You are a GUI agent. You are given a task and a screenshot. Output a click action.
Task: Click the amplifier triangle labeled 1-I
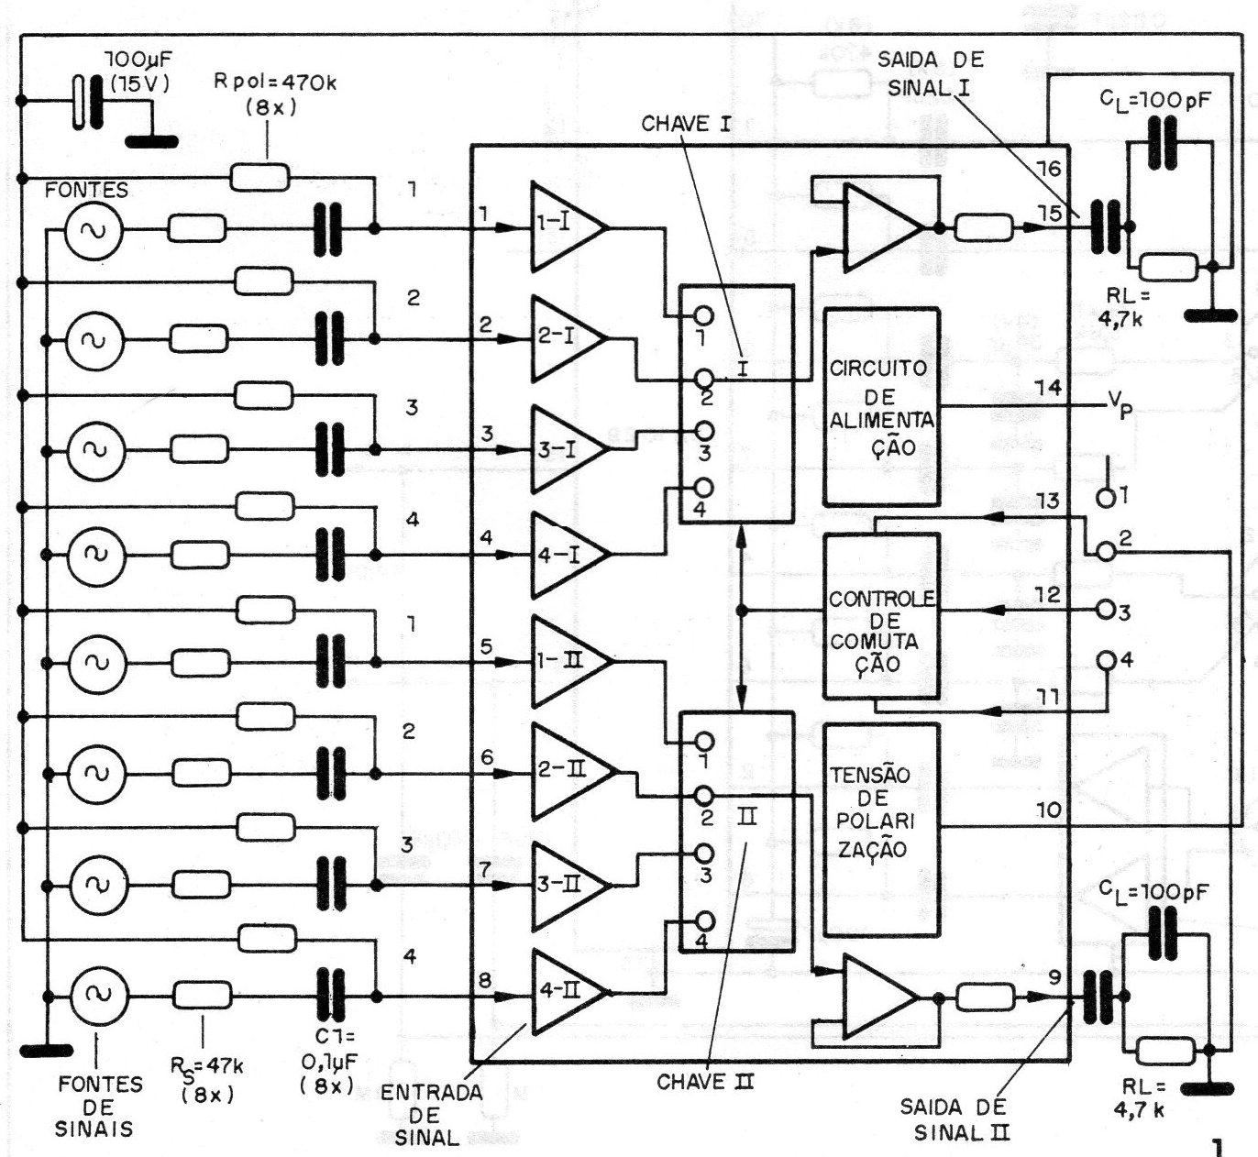pyautogui.click(x=562, y=227)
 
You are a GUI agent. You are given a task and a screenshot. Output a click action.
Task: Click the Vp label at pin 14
pyautogui.click(x=1119, y=404)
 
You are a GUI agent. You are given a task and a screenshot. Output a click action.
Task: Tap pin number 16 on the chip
pyautogui.click(x=1048, y=169)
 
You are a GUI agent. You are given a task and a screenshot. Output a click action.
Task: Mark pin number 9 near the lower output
pyautogui.click(x=1054, y=977)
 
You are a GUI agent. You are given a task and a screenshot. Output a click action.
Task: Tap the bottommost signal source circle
pyautogui.click(x=94, y=995)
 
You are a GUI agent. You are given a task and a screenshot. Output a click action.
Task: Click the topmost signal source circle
pyautogui.click(x=94, y=227)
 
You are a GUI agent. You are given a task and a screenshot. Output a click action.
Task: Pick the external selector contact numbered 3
pyautogui.click(x=1106, y=610)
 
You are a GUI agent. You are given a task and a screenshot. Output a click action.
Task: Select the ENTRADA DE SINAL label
pyautogui.click(x=430, y=1115)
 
